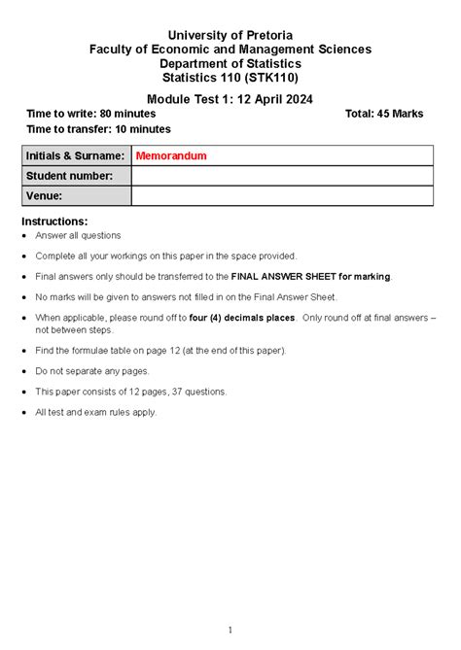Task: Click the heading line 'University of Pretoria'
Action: pyautogui.click(x=230, y=34)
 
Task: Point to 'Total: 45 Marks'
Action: pyautogui.click(x=384, y=114)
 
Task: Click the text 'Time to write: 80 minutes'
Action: pyautogui.click(x=91, y=114)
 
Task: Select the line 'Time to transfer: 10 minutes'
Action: pyautogui.click(x=98, y=129)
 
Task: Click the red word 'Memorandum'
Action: pyautogui.click(x=171, y=155)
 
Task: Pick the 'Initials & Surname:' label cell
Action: pyautogui.click(x=76, y=155)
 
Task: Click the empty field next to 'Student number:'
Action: pyautogui.click(x=282, y=176)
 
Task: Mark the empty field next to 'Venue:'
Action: pyautogui.click(x=282, y=196)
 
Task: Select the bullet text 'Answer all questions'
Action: pyautogui.click(x=79, y=235)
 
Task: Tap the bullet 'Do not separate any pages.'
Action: pyautogui.click(x=92, y=371)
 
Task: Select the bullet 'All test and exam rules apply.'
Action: pyautogui.click(x=95, y=412)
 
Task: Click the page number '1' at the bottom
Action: pyautogui.click(x=230, y=630)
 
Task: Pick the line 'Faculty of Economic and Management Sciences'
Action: pyautogui.click(x=230, y=49)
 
